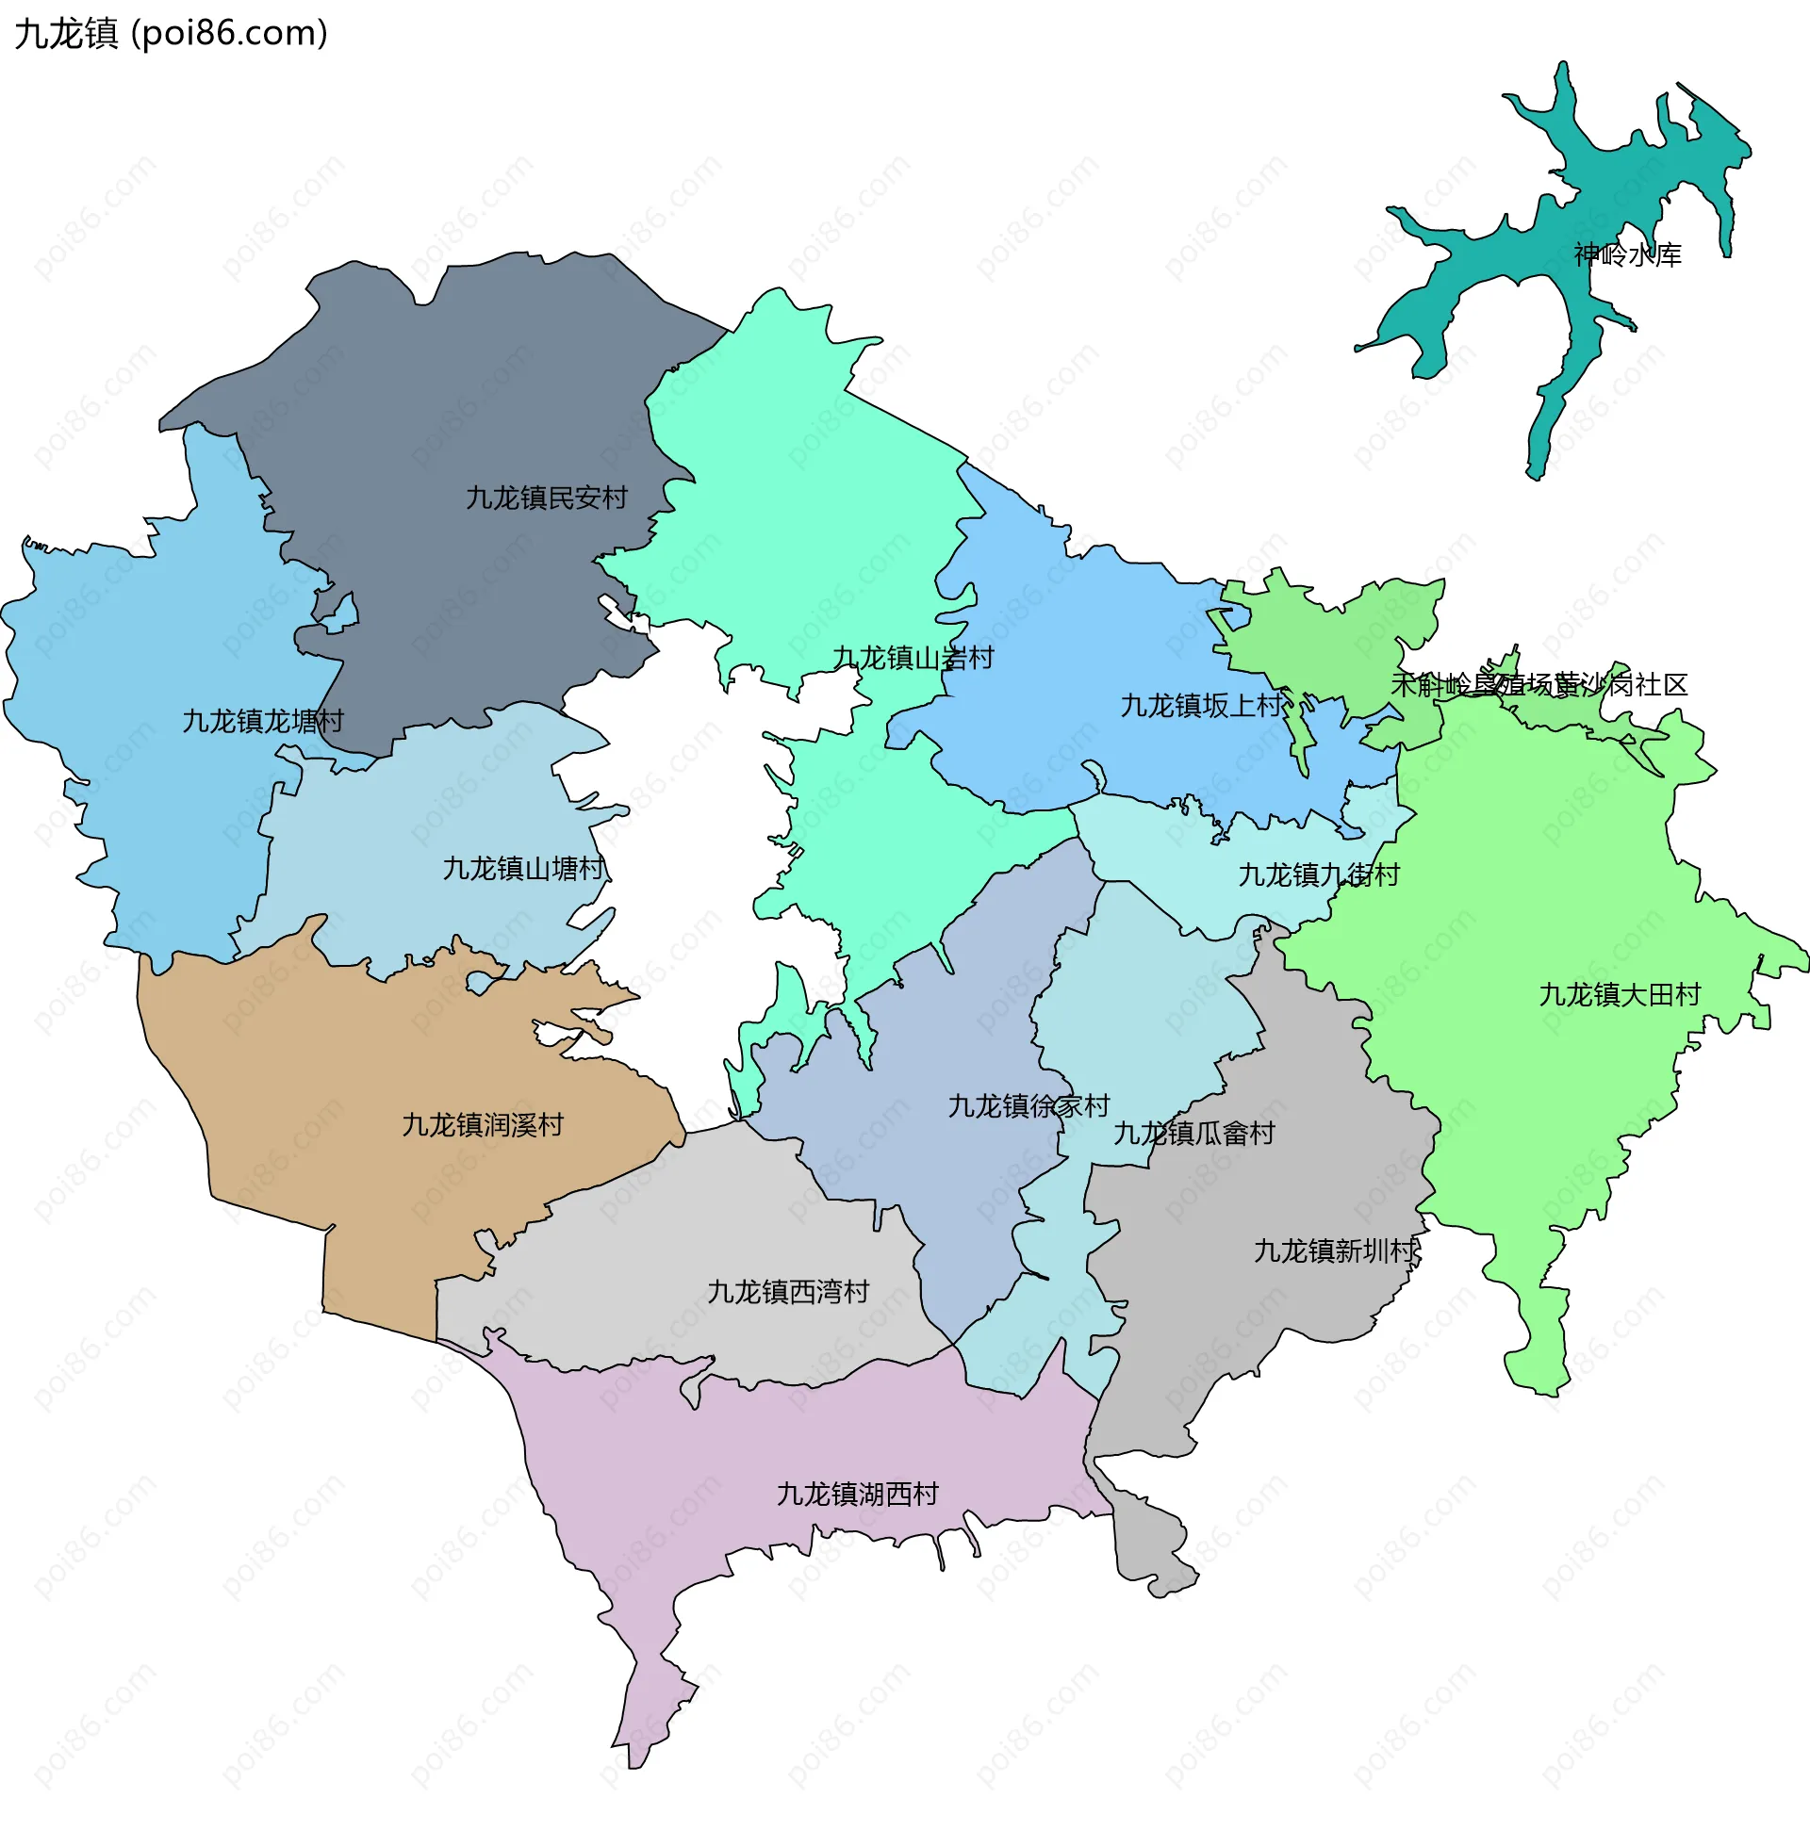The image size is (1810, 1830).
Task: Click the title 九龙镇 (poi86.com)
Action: [x=172, y=33]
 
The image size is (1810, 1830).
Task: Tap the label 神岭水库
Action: [x=1627, y=254]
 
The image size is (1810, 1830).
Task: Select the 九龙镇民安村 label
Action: [x=546, y=498]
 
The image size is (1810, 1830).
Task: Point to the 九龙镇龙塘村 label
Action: [x=262, y=721]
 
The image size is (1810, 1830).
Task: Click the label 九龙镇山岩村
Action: [x=913, y=658]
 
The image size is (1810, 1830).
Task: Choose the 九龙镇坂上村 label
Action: [x=1201, y=705]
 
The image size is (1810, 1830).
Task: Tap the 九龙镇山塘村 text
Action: [x=523, y=869]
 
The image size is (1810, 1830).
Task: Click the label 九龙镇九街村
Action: [x=1318, y=874]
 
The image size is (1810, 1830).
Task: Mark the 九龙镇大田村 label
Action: [x=1619, y=994]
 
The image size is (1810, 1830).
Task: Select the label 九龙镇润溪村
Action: [x=483, y=1124]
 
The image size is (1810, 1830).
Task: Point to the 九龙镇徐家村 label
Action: [x=1028, y=1105]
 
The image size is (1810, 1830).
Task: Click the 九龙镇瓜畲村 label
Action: [x=1193, y=1133]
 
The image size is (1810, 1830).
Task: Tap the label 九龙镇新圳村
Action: [x=1334, y=1250]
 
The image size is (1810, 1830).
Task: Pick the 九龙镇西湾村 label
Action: [x=787, y=1292]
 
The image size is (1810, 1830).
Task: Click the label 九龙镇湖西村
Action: [x=857, y=1494]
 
